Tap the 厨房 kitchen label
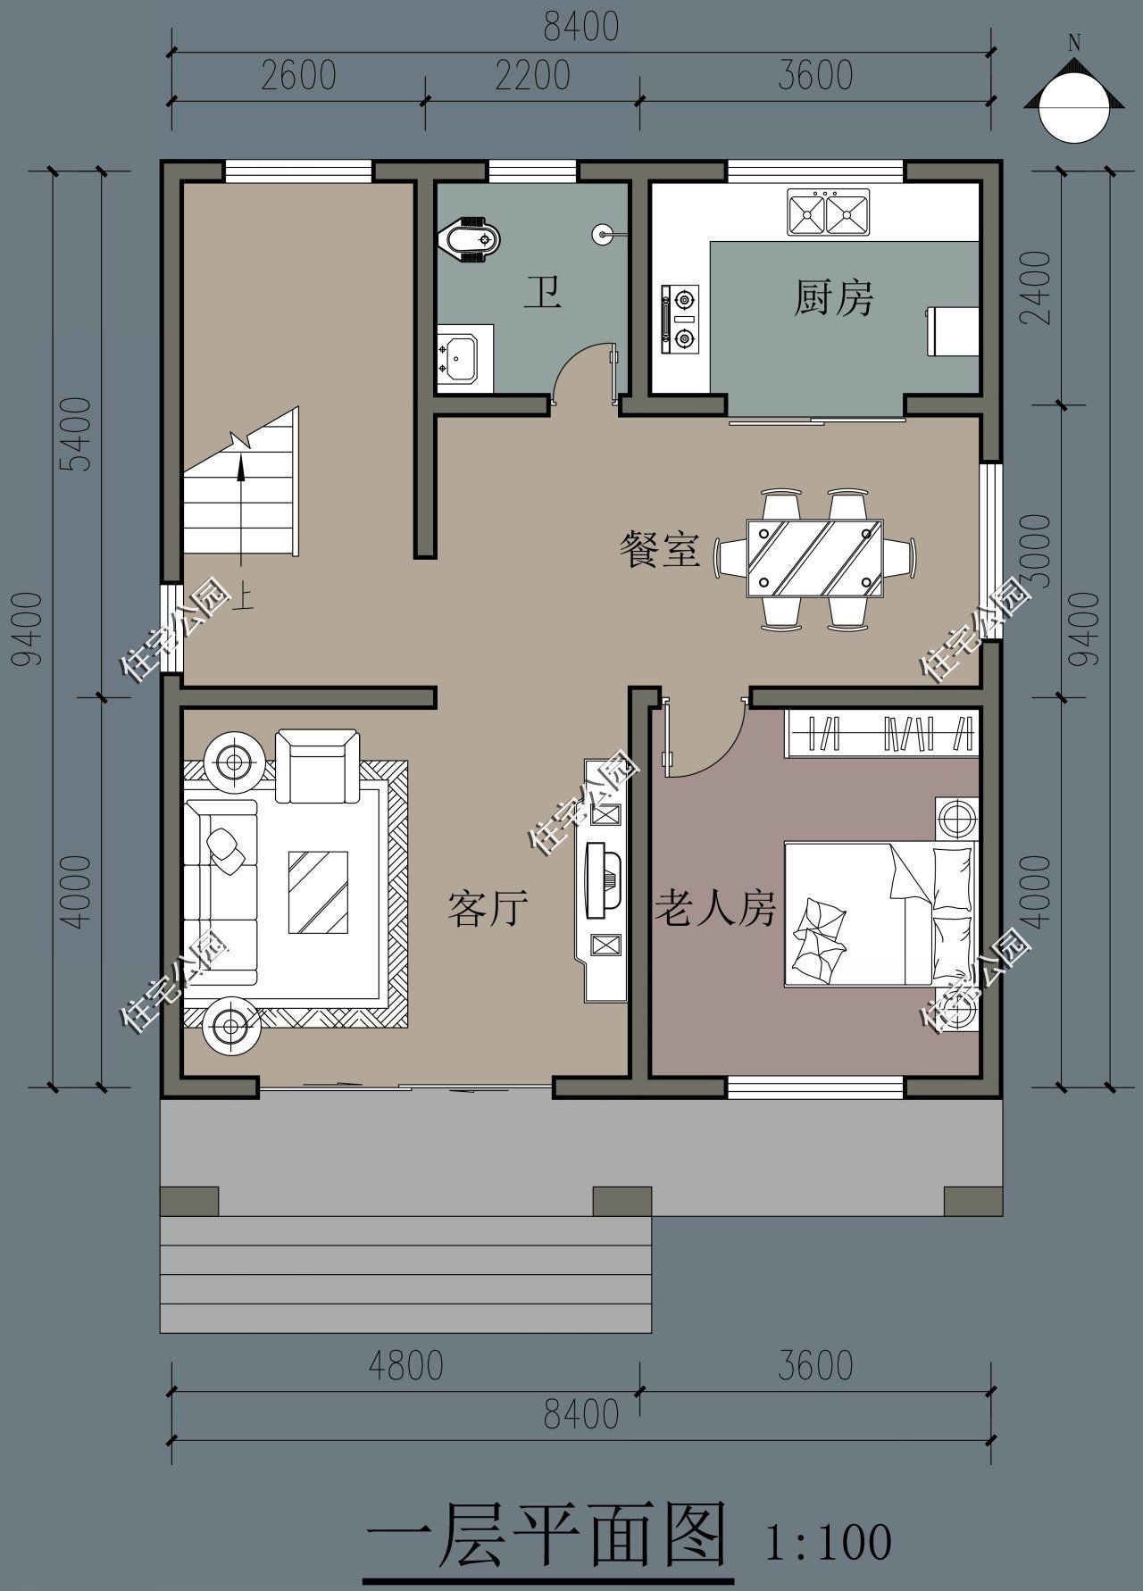pos(833,297)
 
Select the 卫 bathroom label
pos(542,292)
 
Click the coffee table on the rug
pos(318,892)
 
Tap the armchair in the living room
pos(317,765)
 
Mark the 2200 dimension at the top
pos(533,75)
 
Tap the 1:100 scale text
pos(829,1542)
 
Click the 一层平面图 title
pos(546,1538)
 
